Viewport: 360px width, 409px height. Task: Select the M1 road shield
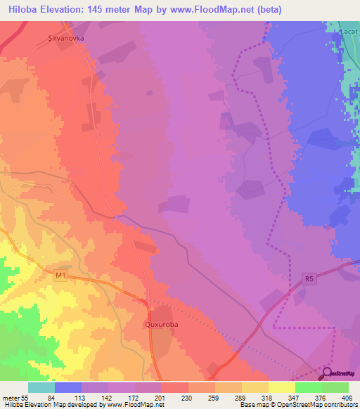point(60,275)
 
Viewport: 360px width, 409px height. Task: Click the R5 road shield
point(308,278)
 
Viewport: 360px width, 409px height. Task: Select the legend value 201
point(160,398)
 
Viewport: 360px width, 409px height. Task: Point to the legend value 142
point(106,398)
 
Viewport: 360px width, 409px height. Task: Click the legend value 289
point(240,398)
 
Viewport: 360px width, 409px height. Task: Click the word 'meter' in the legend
point(9,398)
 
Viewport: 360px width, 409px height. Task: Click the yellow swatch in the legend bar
point(281,387)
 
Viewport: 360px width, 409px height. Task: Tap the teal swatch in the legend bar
point(41,387)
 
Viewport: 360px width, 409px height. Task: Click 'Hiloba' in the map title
point(21,9)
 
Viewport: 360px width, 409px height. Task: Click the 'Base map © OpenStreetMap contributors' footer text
point(296,405)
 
